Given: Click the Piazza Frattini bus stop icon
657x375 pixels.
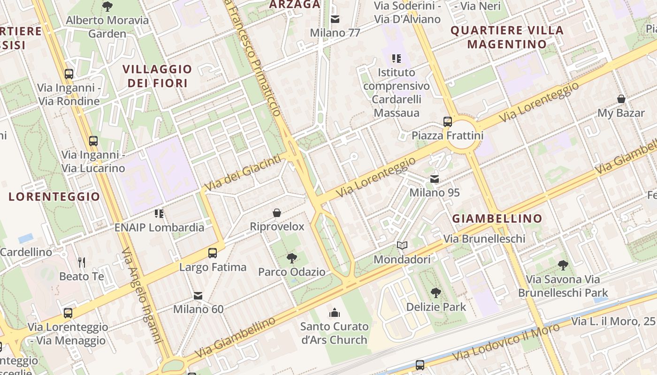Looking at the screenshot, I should coord(448,122).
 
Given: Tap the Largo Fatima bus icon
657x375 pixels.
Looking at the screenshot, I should coord(213,253).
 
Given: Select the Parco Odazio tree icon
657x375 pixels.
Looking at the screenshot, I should coord(291,258).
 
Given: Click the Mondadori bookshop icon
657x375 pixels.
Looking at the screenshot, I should coord(402,245).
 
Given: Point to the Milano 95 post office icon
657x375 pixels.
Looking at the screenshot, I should coord(435,179).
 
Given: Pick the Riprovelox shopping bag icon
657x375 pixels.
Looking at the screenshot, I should coord(277,213).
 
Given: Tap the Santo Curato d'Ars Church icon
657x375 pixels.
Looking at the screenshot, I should coord(335,312).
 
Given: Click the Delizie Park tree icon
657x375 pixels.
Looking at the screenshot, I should coord(436,293).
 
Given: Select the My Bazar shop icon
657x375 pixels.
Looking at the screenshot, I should coord(621,99).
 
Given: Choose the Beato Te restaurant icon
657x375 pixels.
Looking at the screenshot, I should coord(82,262).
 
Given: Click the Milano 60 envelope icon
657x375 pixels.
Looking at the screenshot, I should coord(198,295).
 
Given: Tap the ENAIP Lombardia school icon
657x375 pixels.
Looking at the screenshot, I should coord(159,214).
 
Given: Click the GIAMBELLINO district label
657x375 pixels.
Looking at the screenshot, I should coord(497,218).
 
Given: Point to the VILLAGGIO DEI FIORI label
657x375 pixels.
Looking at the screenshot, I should coord(157,76).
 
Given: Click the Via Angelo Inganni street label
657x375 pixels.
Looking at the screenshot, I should coord(142,295).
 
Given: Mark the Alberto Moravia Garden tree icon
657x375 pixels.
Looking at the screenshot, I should coord(107,7).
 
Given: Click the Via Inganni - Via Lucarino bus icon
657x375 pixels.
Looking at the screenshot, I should coord(93,141).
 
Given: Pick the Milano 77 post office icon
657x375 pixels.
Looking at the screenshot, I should coord(335,19).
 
